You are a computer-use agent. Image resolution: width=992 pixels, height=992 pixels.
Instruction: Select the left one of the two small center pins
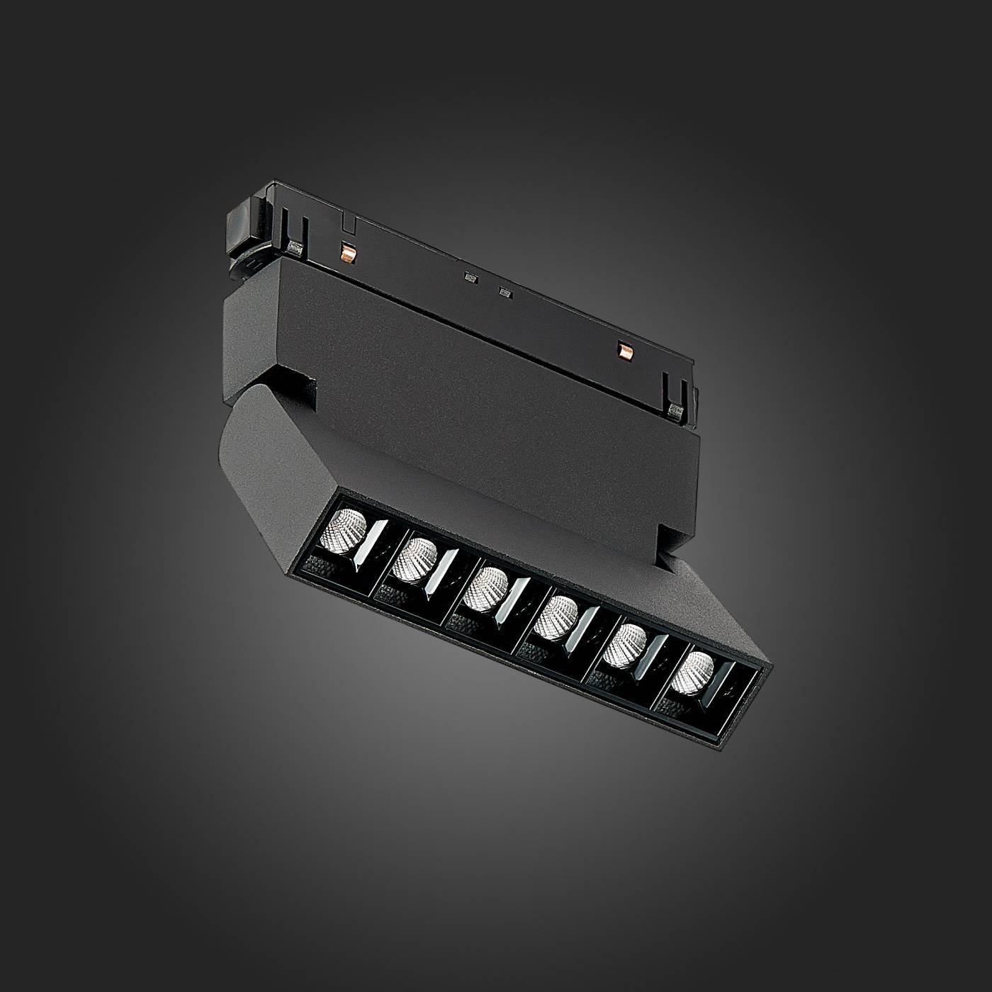468,278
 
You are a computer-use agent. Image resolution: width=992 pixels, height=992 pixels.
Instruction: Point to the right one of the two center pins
504,291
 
